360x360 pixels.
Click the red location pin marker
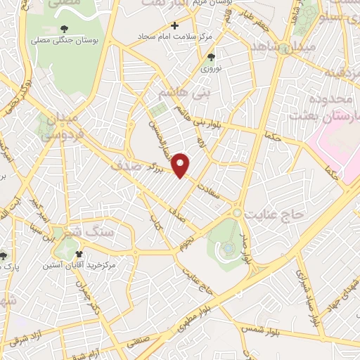[x=181, y=165]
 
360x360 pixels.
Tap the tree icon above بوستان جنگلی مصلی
[x=65, y=28]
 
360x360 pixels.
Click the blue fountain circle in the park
[x=229, y=247]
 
